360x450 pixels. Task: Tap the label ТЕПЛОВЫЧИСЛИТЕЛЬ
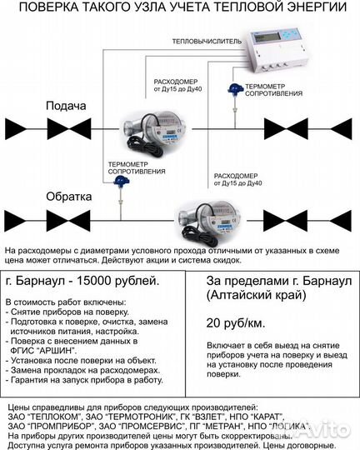205,40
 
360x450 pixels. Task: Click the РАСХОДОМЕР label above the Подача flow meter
177,82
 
